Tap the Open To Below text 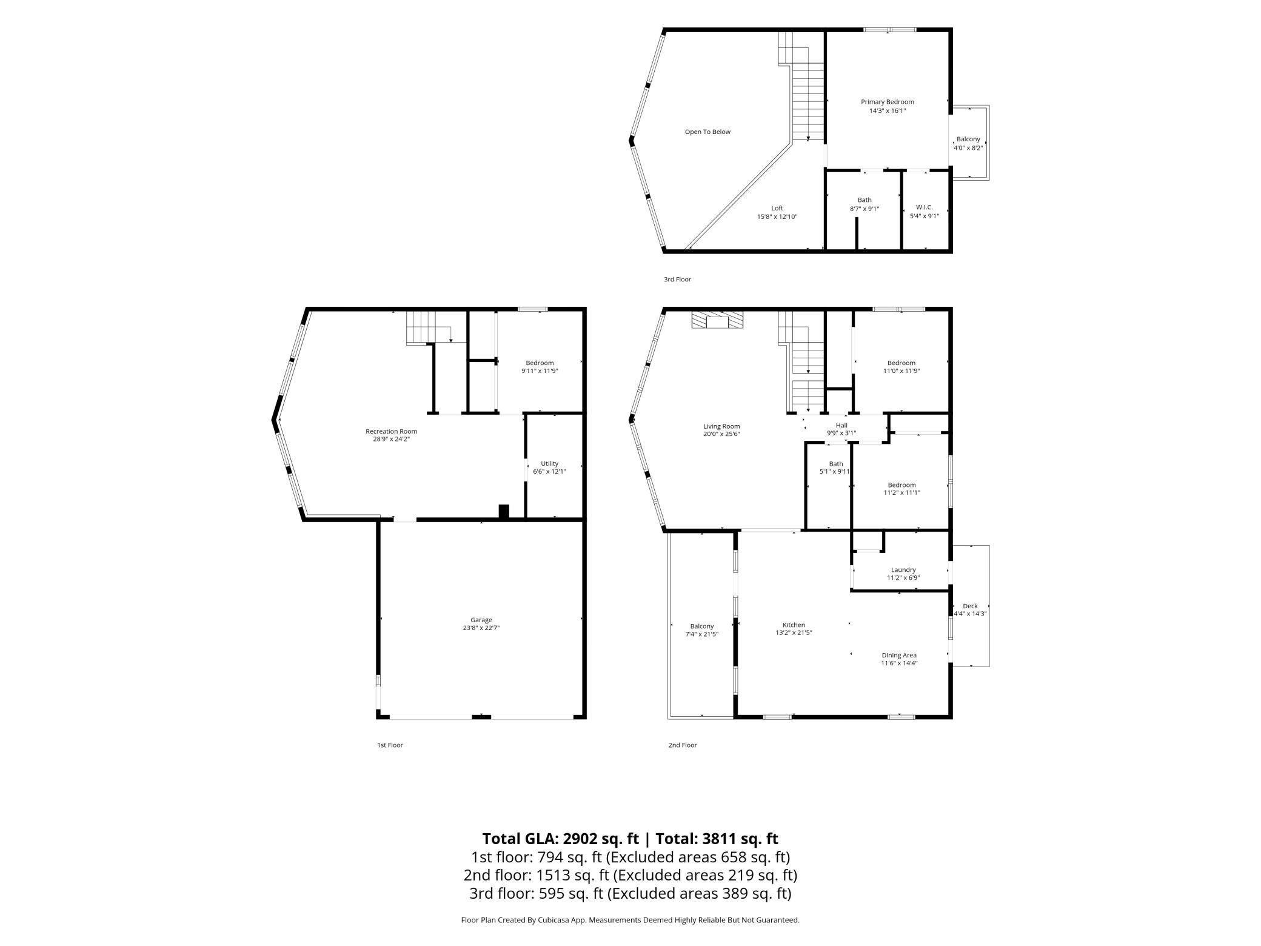(707, 132)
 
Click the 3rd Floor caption (677, 280)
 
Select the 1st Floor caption (390, 745)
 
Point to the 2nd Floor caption (683, 745)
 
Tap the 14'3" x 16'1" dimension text (888, 111)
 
